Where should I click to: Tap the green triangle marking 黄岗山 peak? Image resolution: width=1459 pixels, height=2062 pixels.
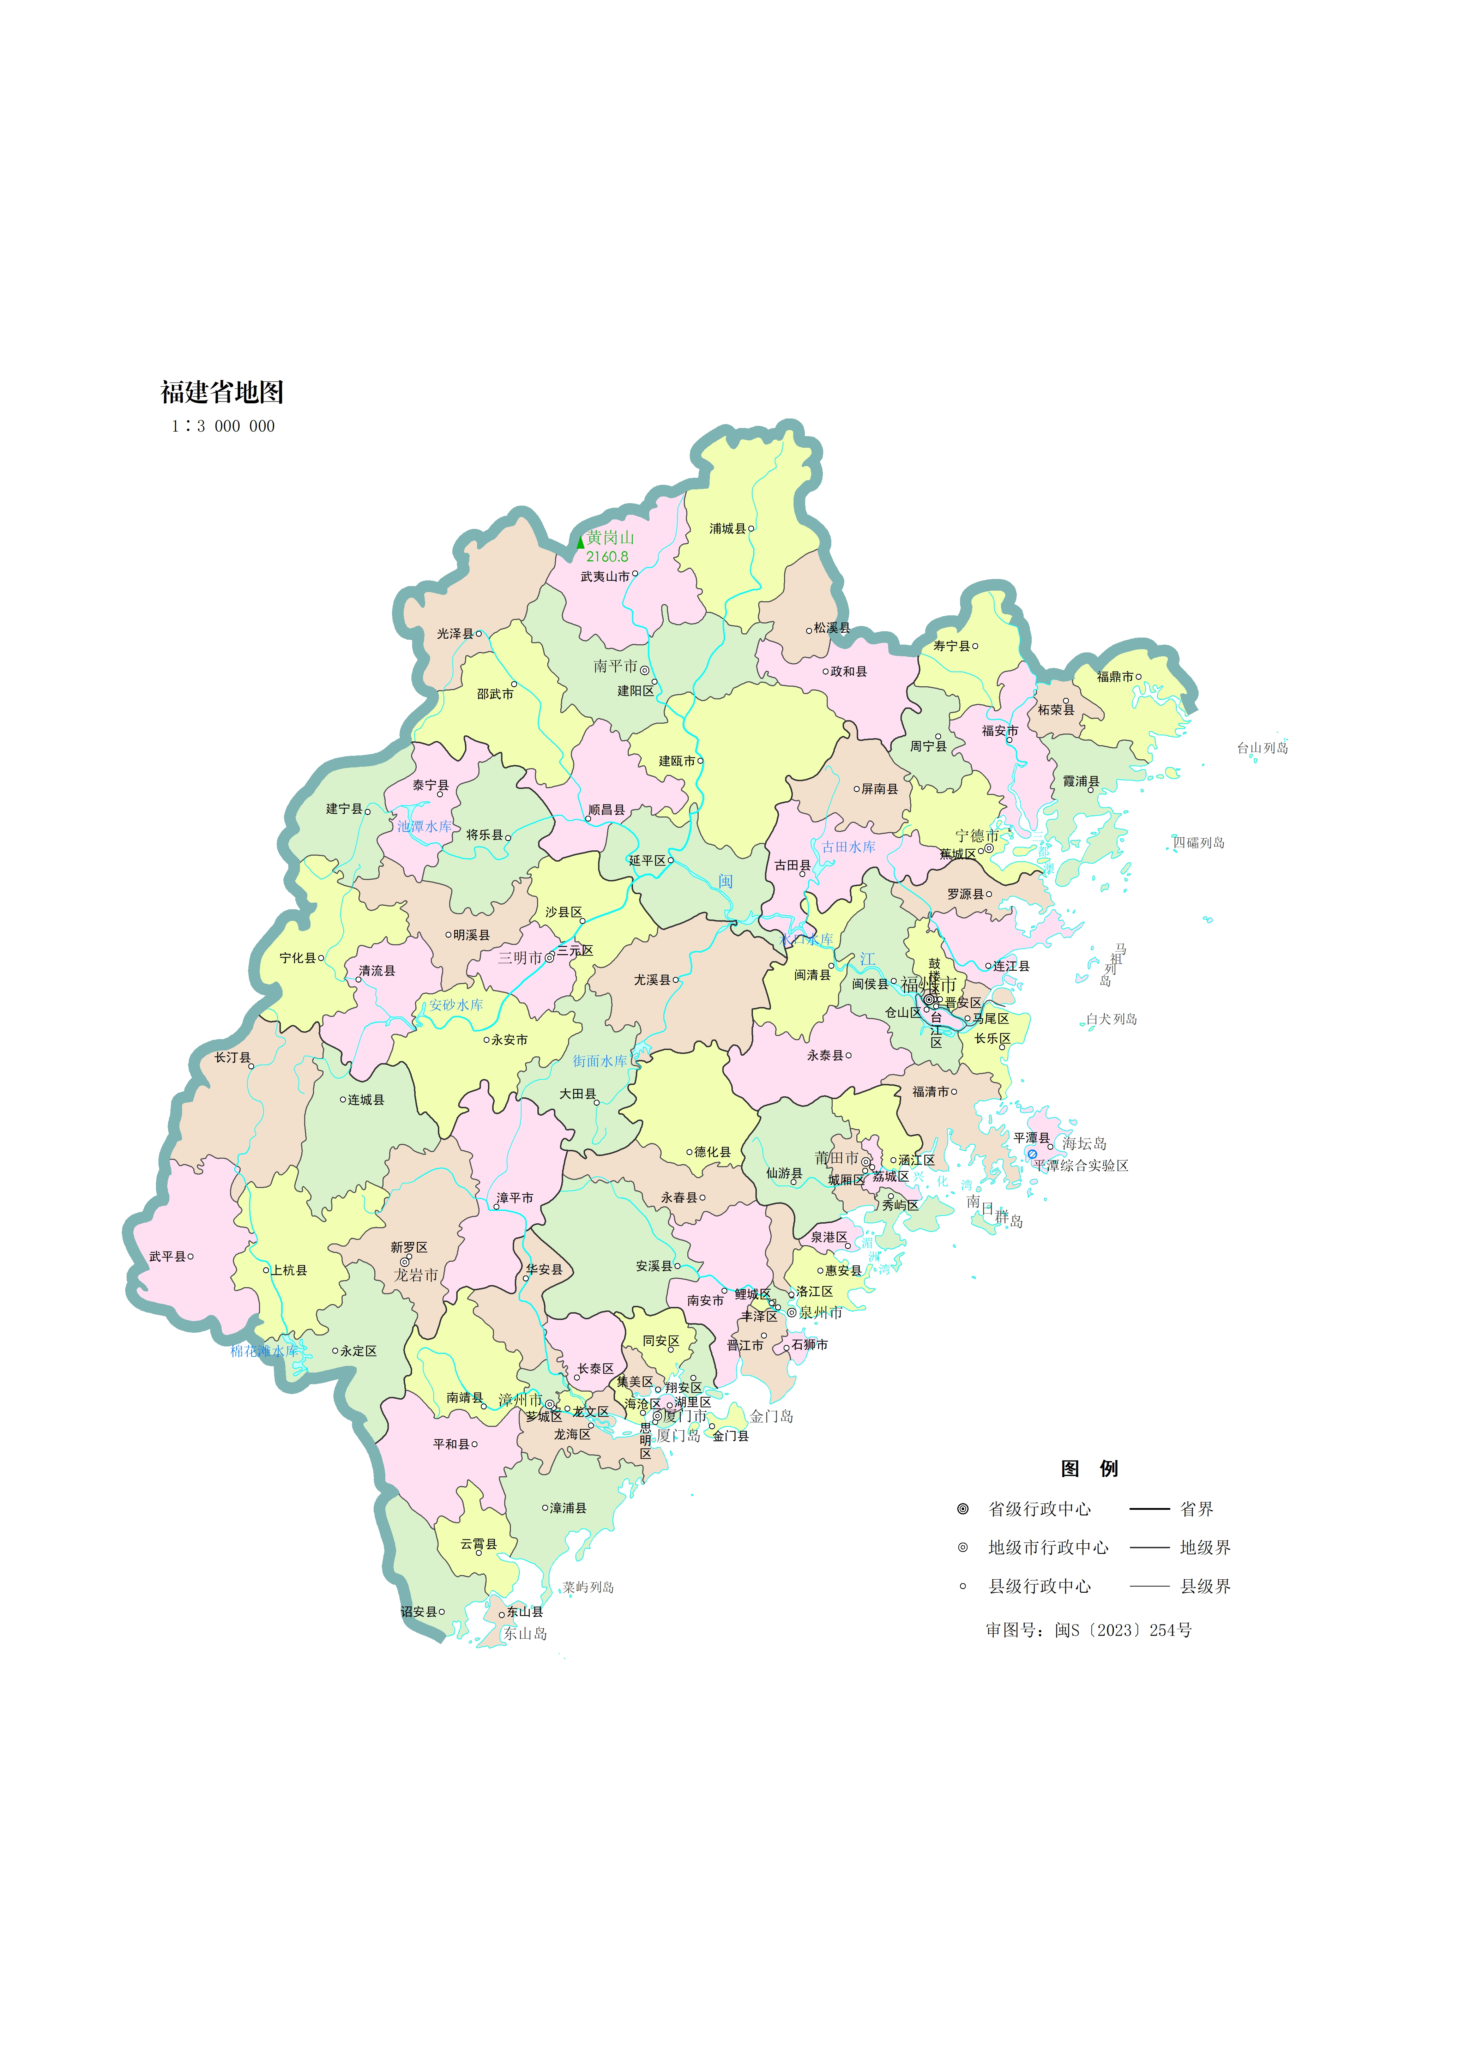(x=580, y=542)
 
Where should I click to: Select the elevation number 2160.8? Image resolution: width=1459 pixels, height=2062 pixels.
(x=607, y=557)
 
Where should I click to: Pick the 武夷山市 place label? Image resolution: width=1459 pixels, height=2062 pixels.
(x=605, y=577)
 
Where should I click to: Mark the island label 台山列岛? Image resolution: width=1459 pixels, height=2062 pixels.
(x=1262, y=748)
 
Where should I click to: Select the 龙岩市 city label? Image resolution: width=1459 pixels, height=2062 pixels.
(x=416, y=1275)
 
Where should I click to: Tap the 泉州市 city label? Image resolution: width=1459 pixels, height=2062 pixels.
(x=820, y=1313)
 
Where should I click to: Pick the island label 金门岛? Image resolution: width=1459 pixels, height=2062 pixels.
(x=772, y=1417)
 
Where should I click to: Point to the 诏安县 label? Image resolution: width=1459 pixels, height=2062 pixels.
(x=419, y=1612)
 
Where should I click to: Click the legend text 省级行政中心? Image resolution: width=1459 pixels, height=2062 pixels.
(x=1039, y=1509)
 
